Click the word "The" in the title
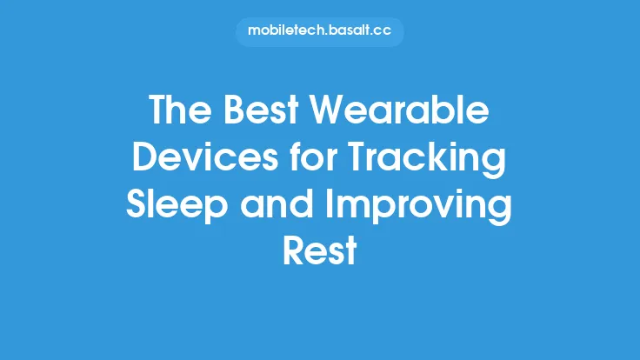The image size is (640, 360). [x=179, y=111]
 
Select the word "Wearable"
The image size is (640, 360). [x=397, y=111]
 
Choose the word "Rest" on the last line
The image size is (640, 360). [x=320, y=252]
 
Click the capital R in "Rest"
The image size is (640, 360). [x=295, y=252]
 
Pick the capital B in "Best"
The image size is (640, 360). [x=233, y=111]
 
